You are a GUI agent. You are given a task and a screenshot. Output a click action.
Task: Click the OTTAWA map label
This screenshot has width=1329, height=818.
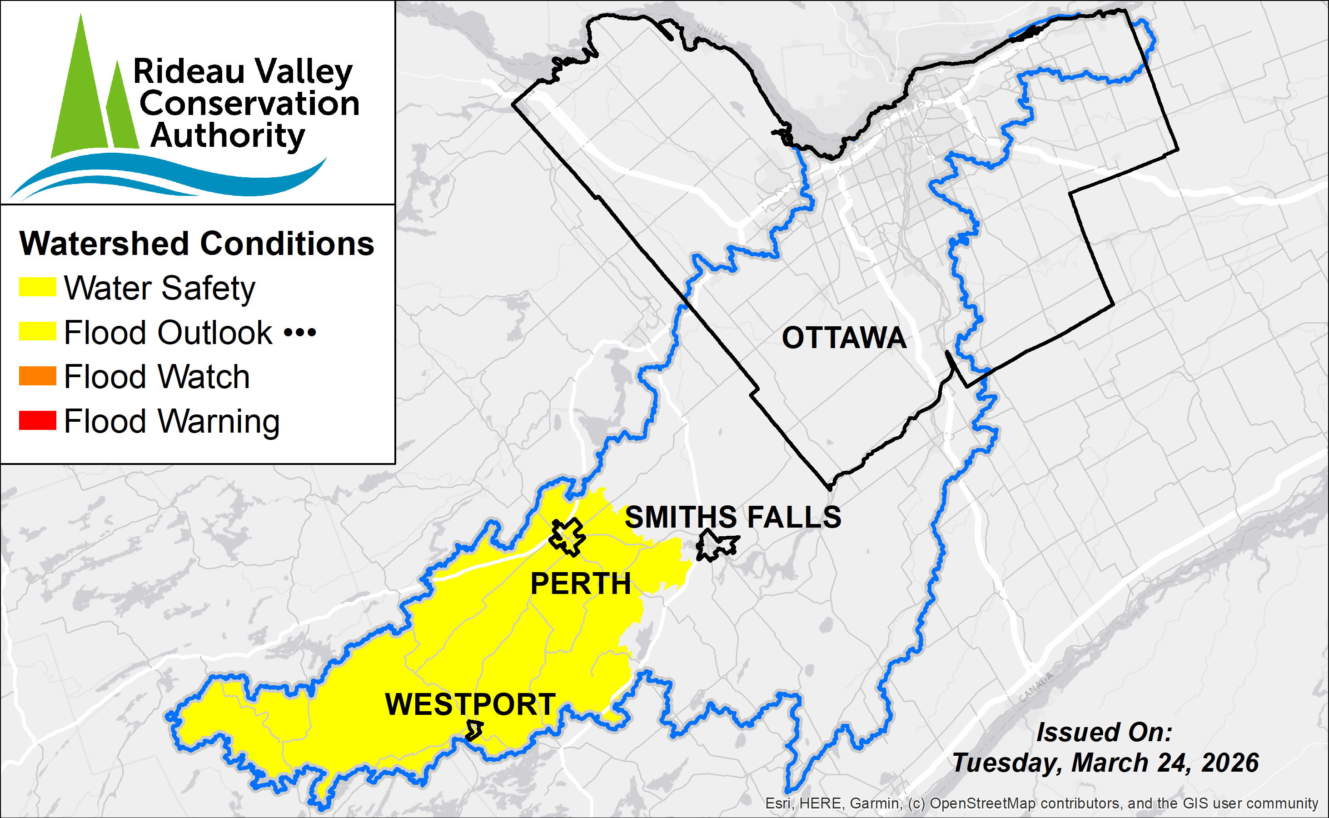844,338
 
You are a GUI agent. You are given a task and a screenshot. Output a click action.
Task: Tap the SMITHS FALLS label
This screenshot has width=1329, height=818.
732,517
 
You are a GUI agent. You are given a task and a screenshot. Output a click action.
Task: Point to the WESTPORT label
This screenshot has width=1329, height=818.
470,704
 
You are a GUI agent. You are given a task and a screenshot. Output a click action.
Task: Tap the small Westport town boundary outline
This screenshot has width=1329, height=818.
474,730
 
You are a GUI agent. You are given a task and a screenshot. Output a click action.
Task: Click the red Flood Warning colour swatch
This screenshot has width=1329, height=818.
37,420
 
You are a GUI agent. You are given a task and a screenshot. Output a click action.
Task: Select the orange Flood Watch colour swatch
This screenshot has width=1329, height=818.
37,376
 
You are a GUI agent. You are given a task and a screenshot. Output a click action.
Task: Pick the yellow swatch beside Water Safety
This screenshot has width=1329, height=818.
37,287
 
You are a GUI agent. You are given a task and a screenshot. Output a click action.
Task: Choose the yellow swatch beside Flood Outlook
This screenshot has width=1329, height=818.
37,331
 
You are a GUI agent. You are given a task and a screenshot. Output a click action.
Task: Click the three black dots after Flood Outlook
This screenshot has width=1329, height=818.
300,332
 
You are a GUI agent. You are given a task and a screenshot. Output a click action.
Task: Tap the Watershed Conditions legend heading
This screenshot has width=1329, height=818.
196,244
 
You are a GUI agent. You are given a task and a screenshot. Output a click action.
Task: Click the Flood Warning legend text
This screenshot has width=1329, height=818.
171,421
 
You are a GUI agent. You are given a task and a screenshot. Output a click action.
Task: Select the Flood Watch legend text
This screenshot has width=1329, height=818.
157,377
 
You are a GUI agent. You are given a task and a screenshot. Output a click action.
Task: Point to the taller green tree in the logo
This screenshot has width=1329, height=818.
80,92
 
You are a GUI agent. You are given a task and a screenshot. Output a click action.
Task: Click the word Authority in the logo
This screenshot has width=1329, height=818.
227,135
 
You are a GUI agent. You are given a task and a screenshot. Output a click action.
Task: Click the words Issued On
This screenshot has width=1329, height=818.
1104,732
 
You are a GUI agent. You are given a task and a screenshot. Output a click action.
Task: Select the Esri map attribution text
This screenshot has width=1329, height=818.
1041,803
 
